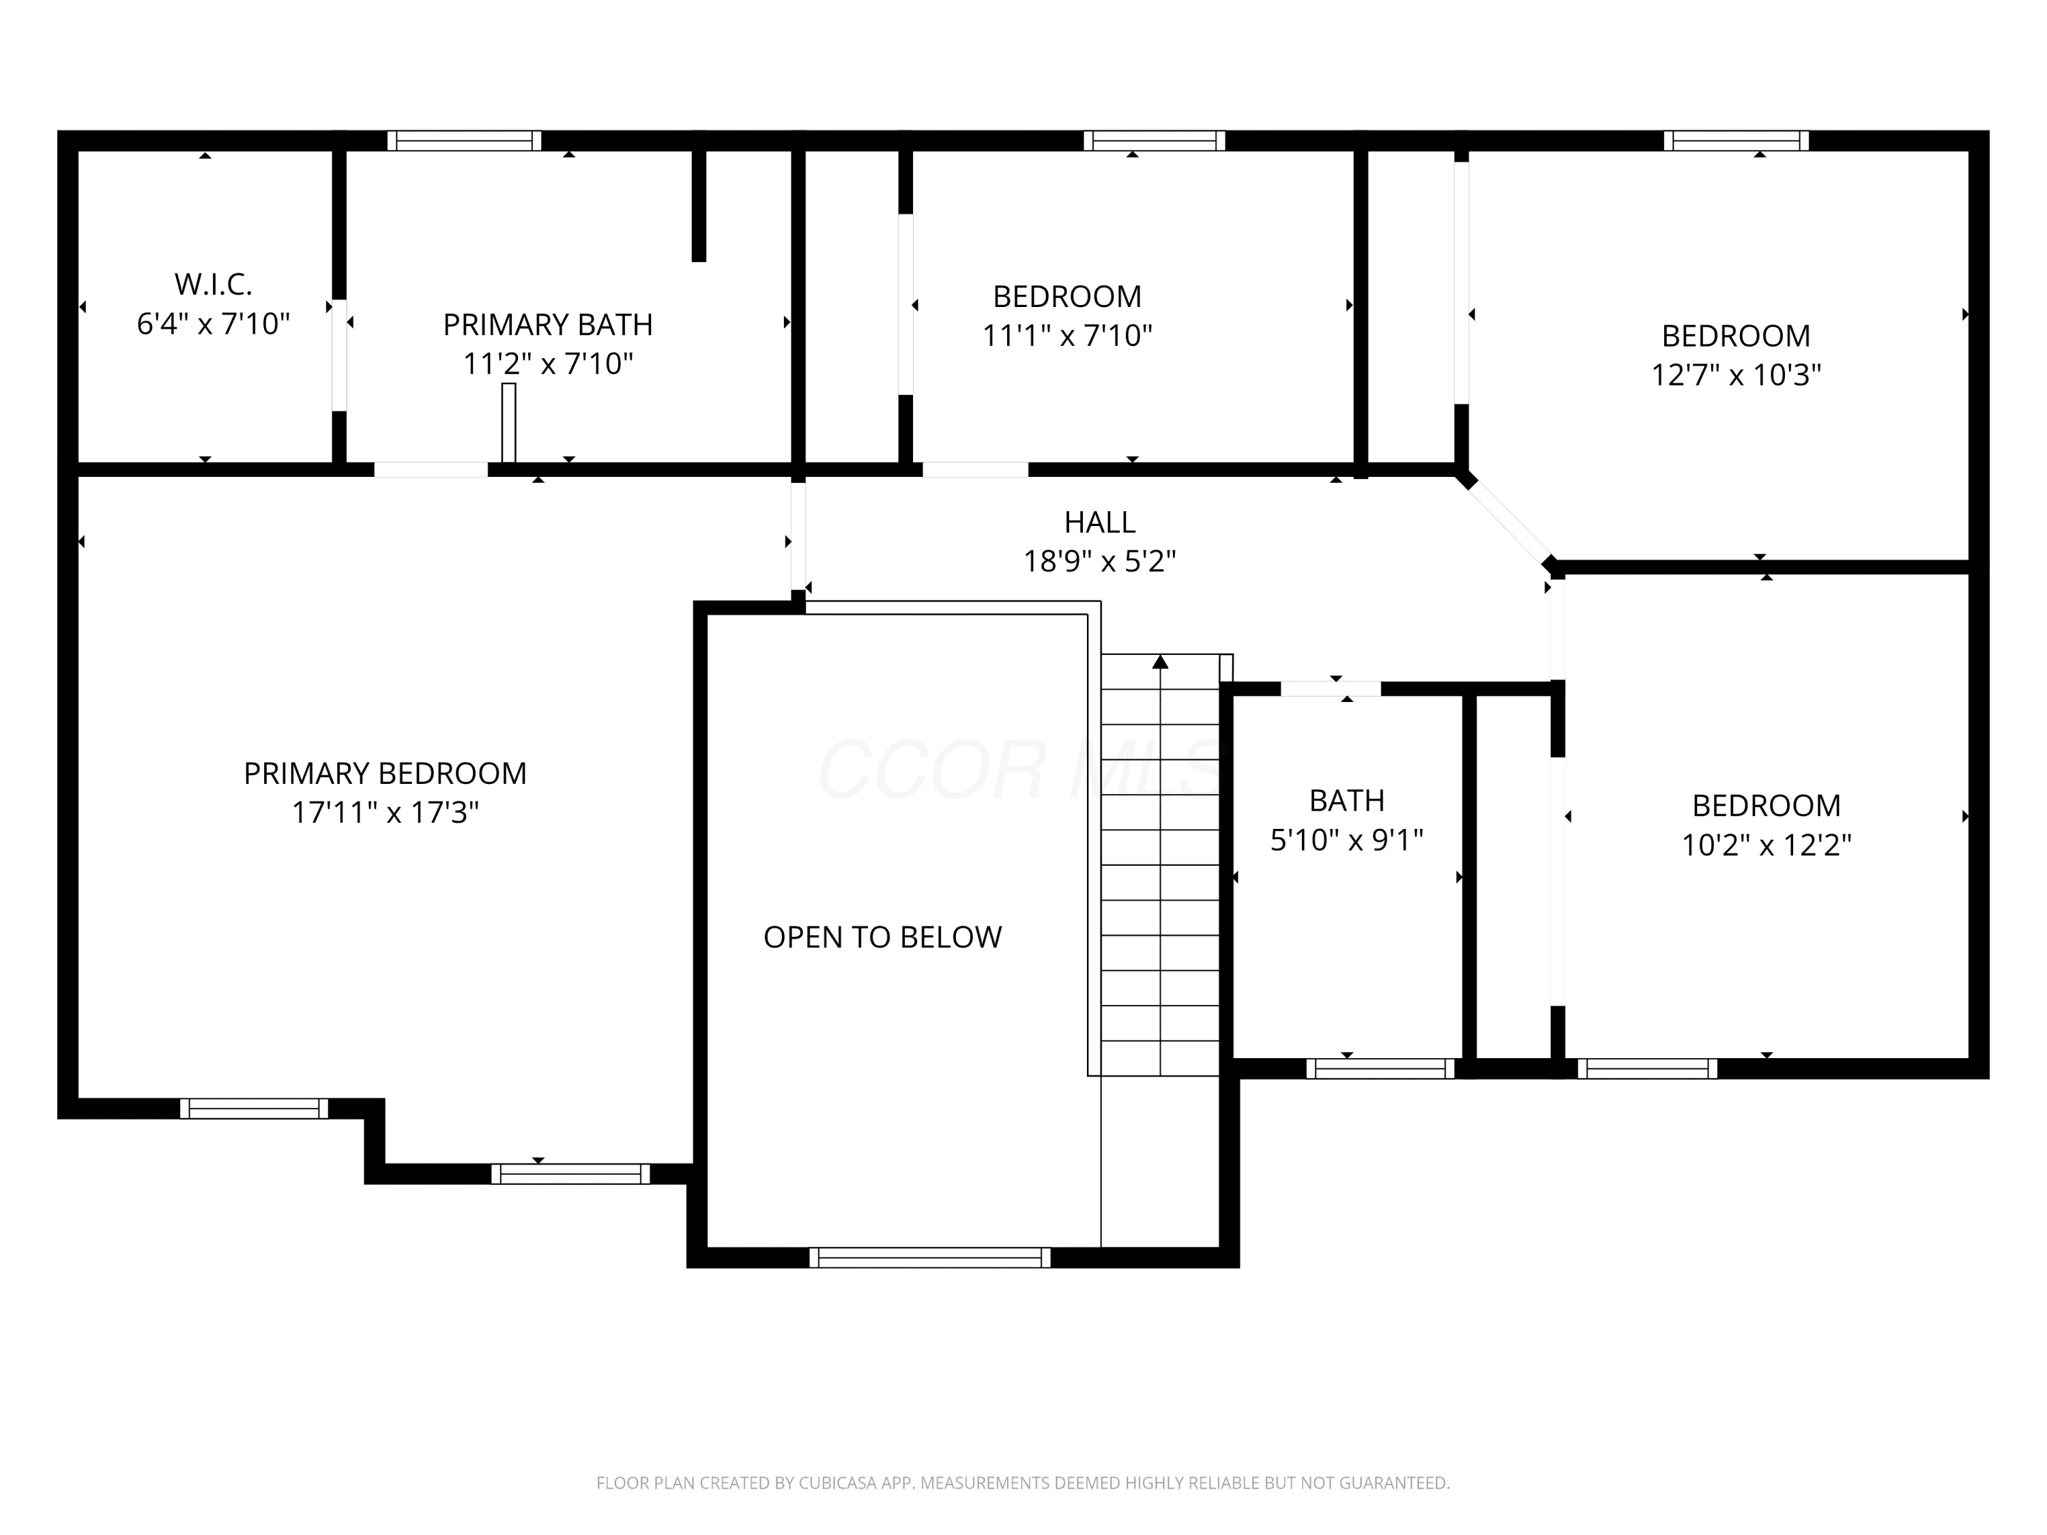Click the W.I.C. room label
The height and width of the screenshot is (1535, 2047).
click(213, 284)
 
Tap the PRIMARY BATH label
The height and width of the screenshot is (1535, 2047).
click(548, 325)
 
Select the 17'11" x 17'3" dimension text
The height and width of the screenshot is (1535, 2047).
click(385, 813)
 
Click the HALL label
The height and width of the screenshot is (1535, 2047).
click(1099, 523)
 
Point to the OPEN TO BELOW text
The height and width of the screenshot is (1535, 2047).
click(882, 937)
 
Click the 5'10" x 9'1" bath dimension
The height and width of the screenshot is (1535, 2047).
click(1346, 840)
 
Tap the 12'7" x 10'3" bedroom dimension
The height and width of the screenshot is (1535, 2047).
click(1736, 375)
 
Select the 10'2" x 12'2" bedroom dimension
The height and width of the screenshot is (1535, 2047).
click(1766, 845)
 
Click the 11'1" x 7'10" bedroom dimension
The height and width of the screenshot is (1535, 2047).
click(1067, 336)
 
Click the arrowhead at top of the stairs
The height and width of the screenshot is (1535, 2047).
click(1161, 662)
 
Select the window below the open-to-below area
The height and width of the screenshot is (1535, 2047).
click(930, 1257)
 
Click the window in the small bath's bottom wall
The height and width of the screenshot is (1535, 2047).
click(1381, 1068)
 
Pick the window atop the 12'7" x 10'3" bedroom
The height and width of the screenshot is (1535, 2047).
click(1736, 141)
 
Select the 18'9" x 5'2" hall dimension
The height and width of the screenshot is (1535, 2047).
click(1099, 561)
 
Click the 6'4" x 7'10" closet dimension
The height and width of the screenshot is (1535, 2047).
click(213, 324)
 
